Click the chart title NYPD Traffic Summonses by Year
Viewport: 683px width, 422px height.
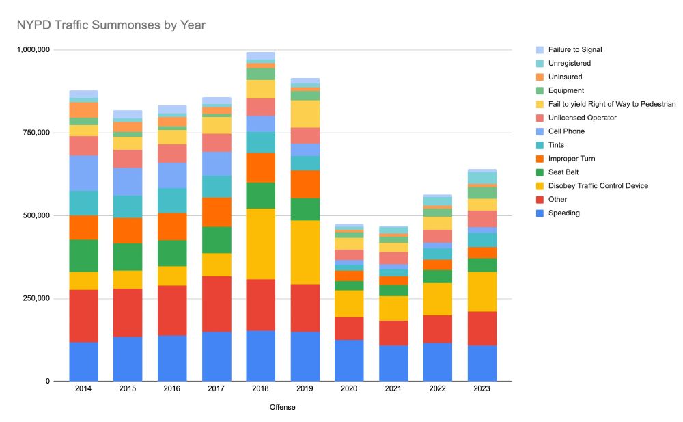111,25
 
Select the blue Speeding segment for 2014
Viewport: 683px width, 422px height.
83,361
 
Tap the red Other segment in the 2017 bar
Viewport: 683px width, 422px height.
217,304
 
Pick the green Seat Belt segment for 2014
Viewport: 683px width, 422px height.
83,255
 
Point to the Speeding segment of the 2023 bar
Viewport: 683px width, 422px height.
482,362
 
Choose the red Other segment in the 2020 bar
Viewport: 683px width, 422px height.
349,328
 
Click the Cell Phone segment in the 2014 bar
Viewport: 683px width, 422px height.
83,172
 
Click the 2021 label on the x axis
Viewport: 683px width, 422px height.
393,388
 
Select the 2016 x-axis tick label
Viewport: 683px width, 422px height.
172,388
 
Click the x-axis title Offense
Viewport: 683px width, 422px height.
281,407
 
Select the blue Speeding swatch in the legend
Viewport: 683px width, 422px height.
540,213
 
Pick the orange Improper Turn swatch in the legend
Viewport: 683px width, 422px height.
540,159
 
